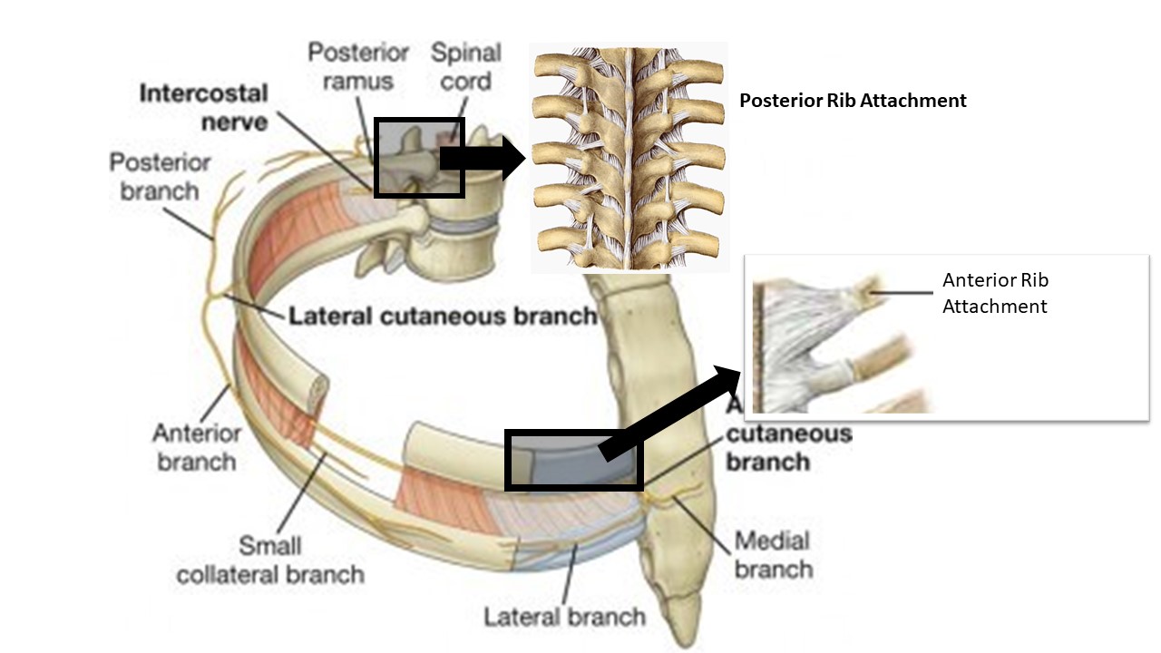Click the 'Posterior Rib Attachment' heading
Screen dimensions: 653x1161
click(x=853, y=101)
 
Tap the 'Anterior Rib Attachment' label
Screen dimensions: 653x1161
click(x=995, y=293)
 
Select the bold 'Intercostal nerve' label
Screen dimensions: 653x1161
click(x=204, y=107)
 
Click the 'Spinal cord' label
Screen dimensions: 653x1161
click(x=461, y=67)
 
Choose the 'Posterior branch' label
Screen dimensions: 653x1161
click(x=160, y=177)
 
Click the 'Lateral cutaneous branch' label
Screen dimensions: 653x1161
click(x=443, y=317)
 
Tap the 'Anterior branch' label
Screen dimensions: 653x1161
click(x=196, y=447)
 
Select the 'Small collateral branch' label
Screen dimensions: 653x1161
click(x=270, y=560)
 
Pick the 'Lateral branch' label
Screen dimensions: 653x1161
click(x=564, y=618)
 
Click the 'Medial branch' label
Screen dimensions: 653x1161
click(x=773, y=555)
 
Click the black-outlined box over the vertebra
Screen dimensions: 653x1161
click(x=419, y=157)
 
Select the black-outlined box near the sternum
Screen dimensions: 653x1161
click(x=573, y=460)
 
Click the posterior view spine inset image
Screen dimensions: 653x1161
click(x=629, y=156)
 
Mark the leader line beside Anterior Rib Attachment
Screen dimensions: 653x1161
click(x=902, y=292)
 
